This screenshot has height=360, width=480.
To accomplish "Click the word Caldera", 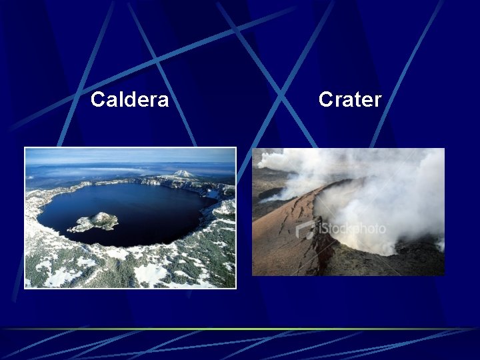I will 129,100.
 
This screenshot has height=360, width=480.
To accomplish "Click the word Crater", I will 349,100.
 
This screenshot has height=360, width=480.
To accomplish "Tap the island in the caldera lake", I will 96,221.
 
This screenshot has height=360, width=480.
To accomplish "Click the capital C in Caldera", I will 97,100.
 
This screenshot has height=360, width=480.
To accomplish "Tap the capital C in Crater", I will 325,100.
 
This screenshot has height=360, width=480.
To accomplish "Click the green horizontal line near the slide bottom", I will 240,329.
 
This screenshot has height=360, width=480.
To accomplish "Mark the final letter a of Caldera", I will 163,101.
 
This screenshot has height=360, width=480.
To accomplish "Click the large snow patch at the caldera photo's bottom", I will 150,273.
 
